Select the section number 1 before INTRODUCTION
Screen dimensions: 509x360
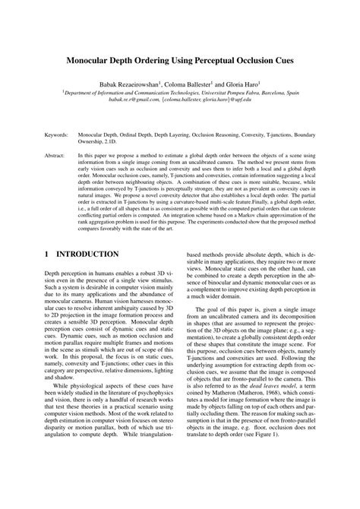coord(47,254)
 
